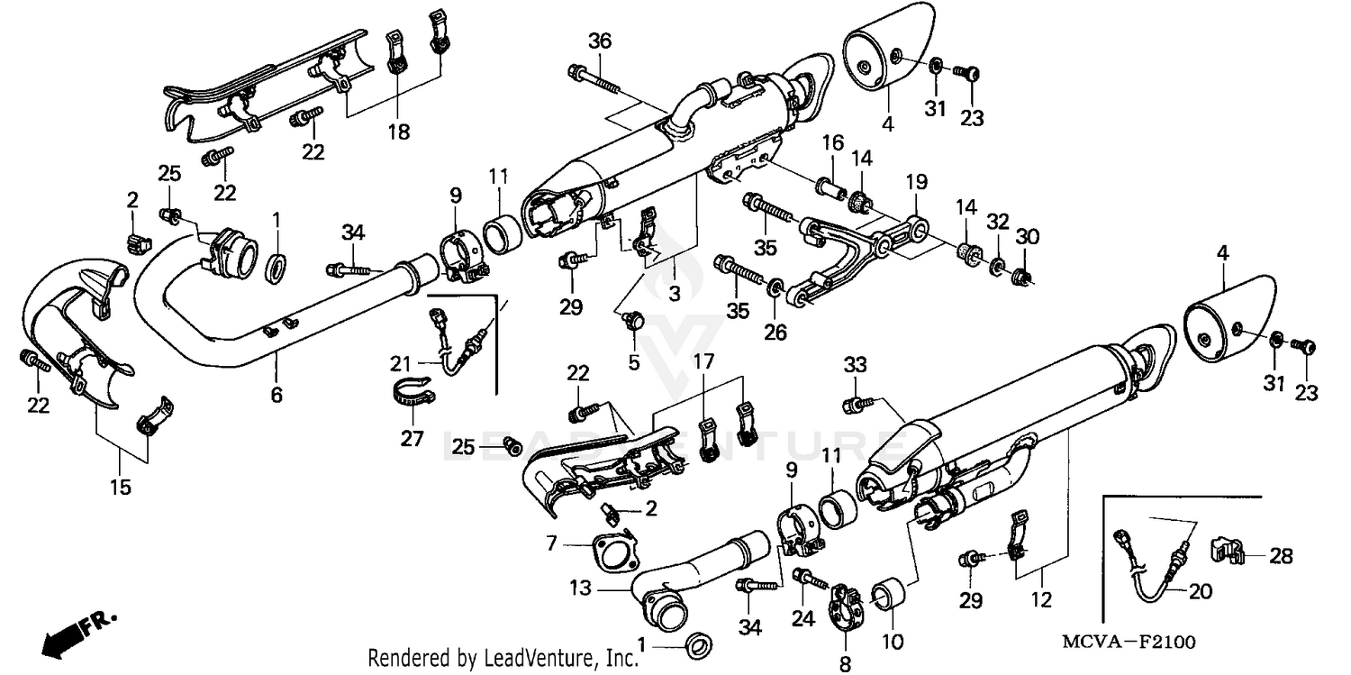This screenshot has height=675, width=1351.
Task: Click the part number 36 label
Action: click(x=600, y=41)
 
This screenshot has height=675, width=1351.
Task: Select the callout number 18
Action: click(x=398, y=132)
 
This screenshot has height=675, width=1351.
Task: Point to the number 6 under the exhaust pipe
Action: click(x=277, y=394)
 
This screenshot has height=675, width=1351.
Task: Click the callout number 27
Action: click(x=412, y=439)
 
